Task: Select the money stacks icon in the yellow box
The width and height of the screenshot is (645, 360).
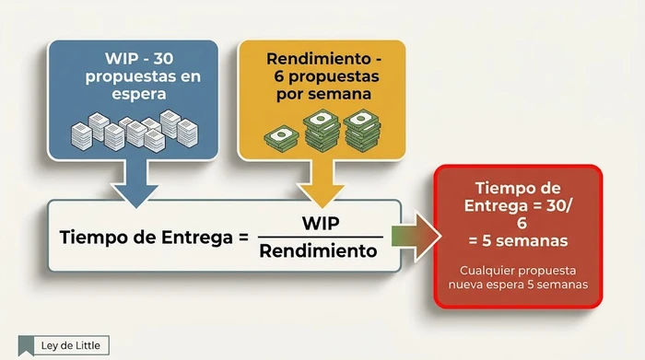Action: click(x=322, y=130)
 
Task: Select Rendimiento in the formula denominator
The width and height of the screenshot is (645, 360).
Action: click(x=319, y=250)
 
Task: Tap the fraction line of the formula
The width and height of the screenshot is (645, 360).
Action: click(x=319, y=237)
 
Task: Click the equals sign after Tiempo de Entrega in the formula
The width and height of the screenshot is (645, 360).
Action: click(x=243, y=237)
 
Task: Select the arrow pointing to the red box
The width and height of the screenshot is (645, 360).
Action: click(x=414, y=236)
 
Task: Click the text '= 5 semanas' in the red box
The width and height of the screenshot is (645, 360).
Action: click(x=517, y=240)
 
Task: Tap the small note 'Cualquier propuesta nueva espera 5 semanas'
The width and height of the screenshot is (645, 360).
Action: click(x=518, y=278)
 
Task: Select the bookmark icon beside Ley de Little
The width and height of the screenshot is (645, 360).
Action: click(x=27, y=346)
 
